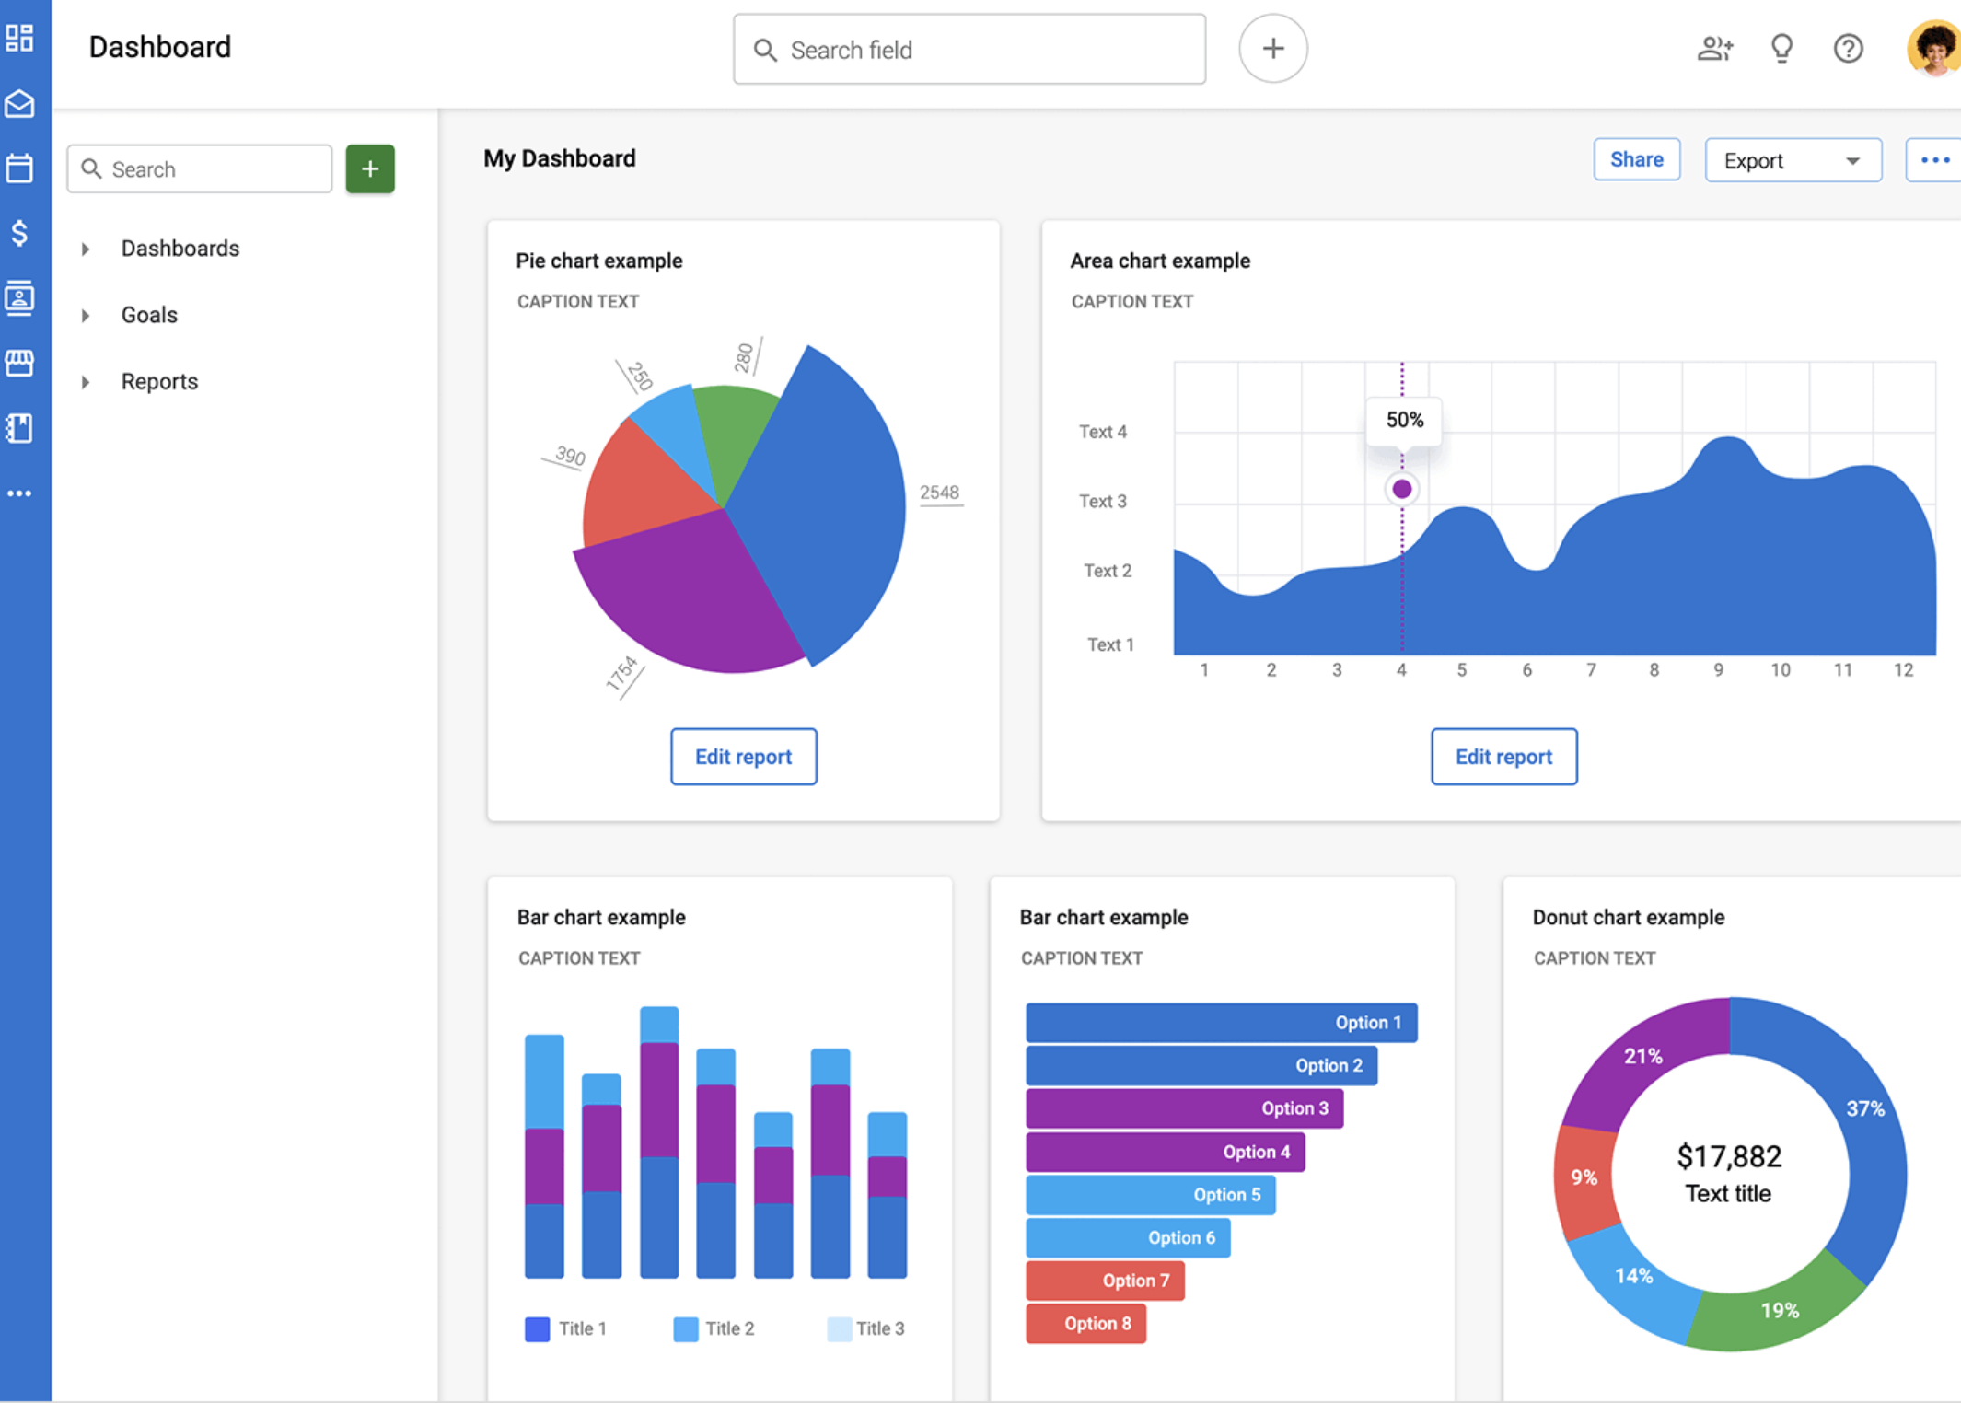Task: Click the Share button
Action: [1636, 160]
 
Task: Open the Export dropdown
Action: [1792, 161]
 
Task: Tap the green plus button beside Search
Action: [370, 169]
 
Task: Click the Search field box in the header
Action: [969, 50]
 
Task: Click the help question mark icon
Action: [1848, 49]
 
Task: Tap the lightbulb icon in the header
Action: [1781, 49]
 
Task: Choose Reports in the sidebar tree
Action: [159, 382]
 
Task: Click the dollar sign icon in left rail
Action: [19, 233]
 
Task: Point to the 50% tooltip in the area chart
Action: [1404, 421]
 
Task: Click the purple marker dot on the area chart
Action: [1402, 489]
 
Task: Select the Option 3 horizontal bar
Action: [1184, 1108]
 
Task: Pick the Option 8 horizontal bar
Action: [1085, 1324]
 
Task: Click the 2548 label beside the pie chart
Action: [939, 493]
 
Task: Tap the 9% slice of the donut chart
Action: [1584, 1177]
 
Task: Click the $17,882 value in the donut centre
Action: [1729, 1156]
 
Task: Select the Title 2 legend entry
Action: [714, 1328]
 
